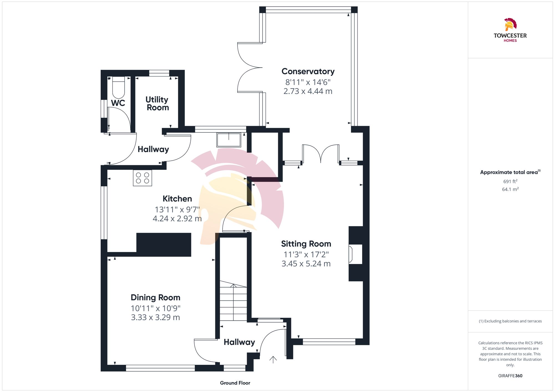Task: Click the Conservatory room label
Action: pos(308,71)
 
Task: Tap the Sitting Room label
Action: pos(306,244)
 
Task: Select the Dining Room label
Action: pos(155,298)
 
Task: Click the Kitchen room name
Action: pos(177,199)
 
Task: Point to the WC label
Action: pos(118,103)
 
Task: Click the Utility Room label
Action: pos(157,103)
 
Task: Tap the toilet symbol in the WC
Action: pos(118,87)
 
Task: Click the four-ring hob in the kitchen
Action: pos(142,178)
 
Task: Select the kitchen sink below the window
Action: pos(229,140)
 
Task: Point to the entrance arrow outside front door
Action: pos(273,360)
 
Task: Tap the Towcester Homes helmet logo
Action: pos(510,25)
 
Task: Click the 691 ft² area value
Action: pos(510,181)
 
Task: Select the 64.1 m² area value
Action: pos(510,189)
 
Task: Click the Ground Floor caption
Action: pos(235,383)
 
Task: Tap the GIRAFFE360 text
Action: pos(510,376)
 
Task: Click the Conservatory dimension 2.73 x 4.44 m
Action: pos(308,91)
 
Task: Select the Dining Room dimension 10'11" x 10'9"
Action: pos(155,308)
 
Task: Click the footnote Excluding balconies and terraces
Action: pos(510,321)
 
